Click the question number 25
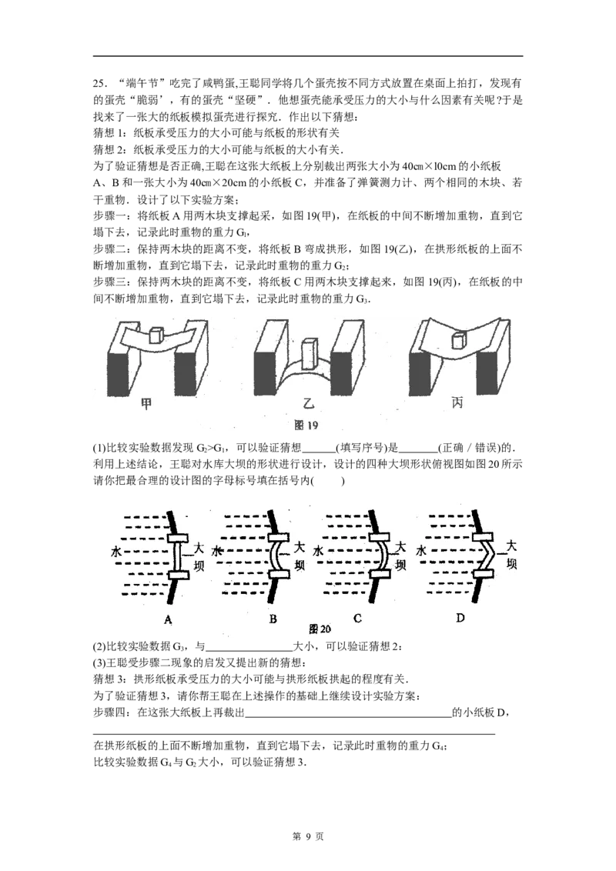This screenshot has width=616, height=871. tap(99, 84)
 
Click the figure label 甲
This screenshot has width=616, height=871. tap(146, 404)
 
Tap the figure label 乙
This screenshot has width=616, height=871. tap(307, 402)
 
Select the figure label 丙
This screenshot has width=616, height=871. tap(457, 402)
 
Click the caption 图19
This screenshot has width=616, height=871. tap(306, 425)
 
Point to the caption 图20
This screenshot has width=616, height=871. tap(319, 629)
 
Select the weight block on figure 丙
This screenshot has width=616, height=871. tap(457, 339)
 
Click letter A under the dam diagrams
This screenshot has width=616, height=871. tap(169, 619)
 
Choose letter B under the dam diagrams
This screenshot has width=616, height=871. tap(273, 619)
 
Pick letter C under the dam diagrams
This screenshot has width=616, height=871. tap(357, 619)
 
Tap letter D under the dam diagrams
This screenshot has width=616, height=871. tap(460, 617)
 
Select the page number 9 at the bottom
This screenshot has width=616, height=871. tap(307, 836)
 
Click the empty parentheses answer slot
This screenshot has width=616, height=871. tap(328, 481)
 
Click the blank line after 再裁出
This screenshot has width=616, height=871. tap(348, 713)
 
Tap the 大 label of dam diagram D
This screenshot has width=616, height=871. tap(511, 546)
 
